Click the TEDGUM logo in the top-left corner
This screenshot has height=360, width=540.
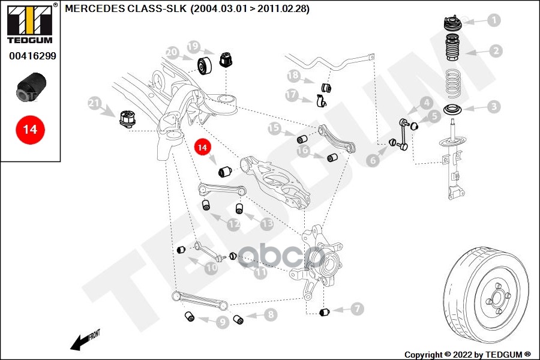30,23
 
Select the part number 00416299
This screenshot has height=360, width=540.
32,56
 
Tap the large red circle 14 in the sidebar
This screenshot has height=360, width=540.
30,130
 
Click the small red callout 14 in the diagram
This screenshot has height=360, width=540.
202,147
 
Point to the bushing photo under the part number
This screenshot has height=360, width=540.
31,87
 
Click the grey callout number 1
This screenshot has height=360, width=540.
494,20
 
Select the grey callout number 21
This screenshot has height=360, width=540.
94,103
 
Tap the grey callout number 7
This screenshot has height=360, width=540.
357,308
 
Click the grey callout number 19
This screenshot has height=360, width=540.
194,47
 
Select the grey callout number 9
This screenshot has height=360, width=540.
223,322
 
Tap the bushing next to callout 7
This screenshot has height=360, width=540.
325,312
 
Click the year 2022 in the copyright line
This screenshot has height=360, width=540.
463,355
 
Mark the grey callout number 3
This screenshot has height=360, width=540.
494,106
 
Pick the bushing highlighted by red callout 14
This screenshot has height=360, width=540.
225,171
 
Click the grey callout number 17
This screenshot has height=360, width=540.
292,95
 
